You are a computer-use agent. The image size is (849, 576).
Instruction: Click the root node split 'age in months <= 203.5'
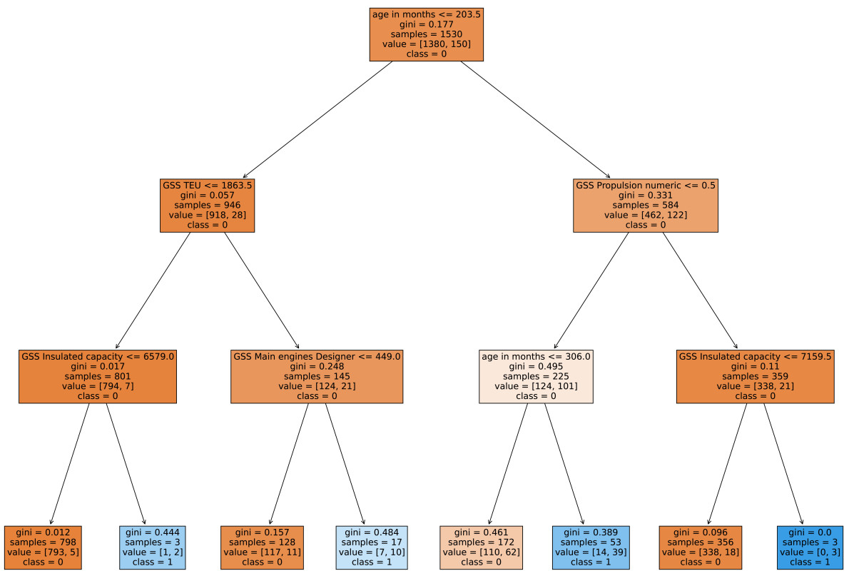point(426,34)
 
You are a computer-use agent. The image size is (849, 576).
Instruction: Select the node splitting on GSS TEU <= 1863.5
point(208,205)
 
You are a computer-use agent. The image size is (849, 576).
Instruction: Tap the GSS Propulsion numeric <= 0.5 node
point(645,205)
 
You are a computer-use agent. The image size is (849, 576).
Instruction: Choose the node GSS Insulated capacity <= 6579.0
point(98,376)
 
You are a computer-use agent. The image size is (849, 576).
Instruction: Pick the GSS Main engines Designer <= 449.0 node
point(317,376)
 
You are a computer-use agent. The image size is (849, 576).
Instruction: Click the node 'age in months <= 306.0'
point(536,376)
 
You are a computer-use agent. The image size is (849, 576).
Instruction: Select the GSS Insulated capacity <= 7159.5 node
point(755,376)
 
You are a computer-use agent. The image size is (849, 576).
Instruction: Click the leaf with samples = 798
point(43,547)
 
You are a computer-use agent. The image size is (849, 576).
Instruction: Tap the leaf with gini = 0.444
point(153,547)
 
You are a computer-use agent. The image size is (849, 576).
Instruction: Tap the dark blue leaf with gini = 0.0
point(809,547)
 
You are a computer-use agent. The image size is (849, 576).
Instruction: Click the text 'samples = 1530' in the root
point(426,34)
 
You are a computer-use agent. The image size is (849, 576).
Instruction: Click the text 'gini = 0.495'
point(536,366)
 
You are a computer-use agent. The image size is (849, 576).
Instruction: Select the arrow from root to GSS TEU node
point(317,119)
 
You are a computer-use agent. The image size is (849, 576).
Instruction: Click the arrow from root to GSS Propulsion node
point(535,119)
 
